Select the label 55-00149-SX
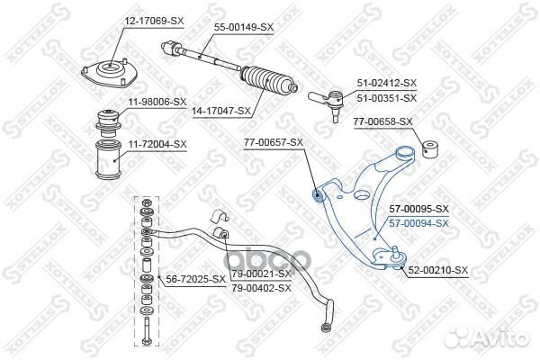coord(243,28)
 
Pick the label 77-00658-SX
coord(382,121)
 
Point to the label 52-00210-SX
coord(437,270)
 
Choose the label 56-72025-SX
coord(195,279)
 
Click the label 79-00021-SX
coord(262,273)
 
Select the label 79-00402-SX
coord(262,287)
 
